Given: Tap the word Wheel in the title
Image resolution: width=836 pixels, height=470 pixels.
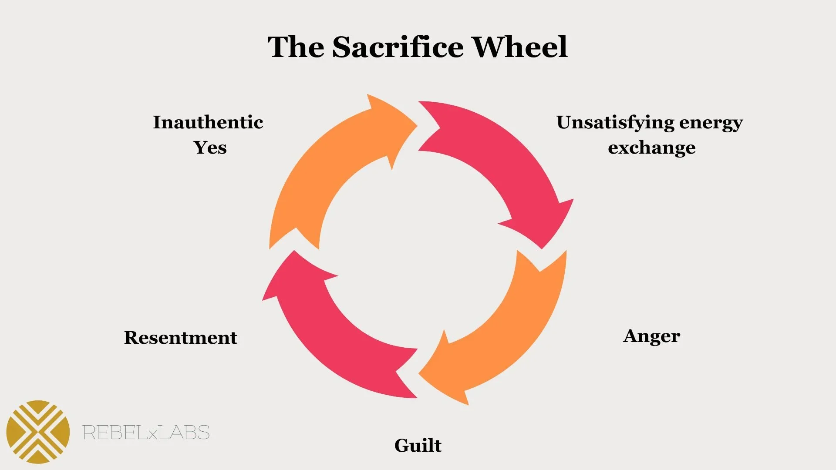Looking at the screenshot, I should click(x=520, y=47).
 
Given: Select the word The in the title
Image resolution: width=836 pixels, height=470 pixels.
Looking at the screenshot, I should click(x=296, y=47).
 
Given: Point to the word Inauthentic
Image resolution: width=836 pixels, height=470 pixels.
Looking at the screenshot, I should click(x=208, y=122).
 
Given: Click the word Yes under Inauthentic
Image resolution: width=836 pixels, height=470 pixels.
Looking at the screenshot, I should click(x=210, y=148).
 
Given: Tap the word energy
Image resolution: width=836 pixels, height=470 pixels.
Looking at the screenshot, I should click(x=711, y=123).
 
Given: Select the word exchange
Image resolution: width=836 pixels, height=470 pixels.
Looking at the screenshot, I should click(x=651, y=148).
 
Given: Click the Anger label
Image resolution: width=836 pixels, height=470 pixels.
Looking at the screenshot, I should click(x=651, y=336).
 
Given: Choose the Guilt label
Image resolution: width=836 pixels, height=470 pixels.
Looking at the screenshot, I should click(x=418, y=446).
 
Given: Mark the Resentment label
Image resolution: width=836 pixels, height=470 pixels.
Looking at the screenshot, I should click(x=181, y=338).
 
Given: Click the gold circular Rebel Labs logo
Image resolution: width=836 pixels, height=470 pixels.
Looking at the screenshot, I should click(x=38, y=432).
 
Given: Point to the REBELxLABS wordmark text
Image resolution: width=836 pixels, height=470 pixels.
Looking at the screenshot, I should click(x=146, y=433).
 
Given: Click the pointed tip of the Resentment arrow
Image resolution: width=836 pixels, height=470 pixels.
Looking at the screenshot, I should click(x=294, y=251).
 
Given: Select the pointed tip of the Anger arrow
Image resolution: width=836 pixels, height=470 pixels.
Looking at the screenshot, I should click(x=419, y=373).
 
